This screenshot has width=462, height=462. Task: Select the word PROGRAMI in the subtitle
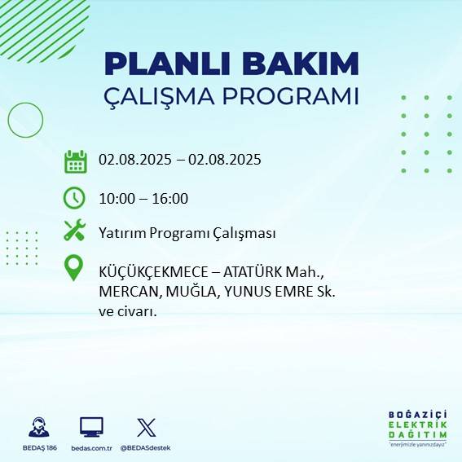click(297, 96)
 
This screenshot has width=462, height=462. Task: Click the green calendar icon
click(75, 161)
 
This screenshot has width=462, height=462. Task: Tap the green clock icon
click(74, 197)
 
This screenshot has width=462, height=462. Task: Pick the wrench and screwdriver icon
click(75, 231)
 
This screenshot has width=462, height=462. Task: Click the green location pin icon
click(74, 268)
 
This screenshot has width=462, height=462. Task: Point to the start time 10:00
click(116, 198)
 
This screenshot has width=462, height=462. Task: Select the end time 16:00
click(170, 198)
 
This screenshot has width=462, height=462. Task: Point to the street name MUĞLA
click(190, 291)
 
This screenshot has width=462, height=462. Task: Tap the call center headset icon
click(38, 428)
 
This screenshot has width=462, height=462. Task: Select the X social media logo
click(146, 427)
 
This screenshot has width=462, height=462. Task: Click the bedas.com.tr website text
click(91, 448)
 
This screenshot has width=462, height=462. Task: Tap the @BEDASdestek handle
click(146, 448)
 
